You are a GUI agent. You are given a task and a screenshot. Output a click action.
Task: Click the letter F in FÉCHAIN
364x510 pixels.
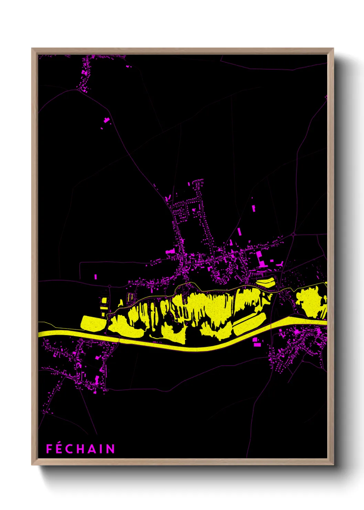click(49, 449)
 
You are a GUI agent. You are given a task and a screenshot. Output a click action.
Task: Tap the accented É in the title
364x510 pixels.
click(59, 448)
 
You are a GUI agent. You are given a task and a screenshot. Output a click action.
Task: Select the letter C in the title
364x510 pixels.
click(70, 449)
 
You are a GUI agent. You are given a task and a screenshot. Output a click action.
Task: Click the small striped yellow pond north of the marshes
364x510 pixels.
click(266, 283)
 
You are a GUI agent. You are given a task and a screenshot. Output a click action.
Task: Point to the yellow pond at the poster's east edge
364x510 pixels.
click(311, 302)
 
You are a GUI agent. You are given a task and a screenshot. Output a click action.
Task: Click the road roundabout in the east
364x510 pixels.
click(293, 235)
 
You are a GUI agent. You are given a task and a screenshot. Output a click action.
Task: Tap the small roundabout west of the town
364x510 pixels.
click(109, 286)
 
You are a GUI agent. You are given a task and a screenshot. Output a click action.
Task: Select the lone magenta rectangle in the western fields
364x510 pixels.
click(96, 276)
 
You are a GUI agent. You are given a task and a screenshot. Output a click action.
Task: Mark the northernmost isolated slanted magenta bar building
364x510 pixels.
click(254, 208)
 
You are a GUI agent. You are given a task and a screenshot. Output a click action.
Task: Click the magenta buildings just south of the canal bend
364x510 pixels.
click(256, 341)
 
